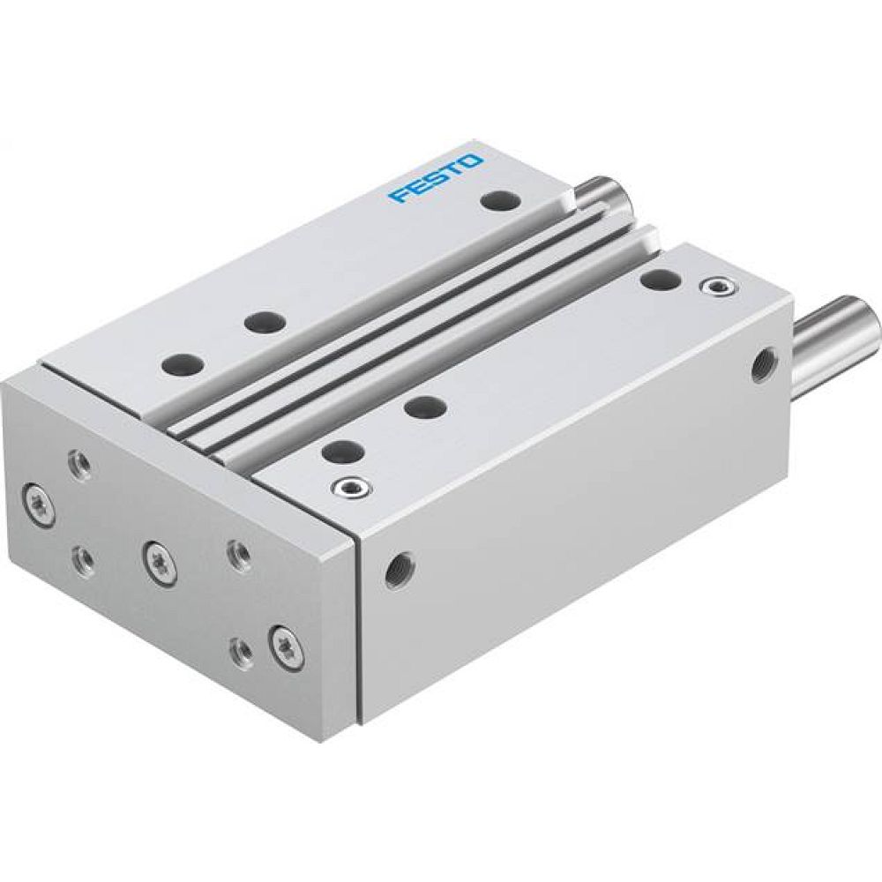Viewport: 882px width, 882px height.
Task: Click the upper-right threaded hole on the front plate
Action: (235, 553)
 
